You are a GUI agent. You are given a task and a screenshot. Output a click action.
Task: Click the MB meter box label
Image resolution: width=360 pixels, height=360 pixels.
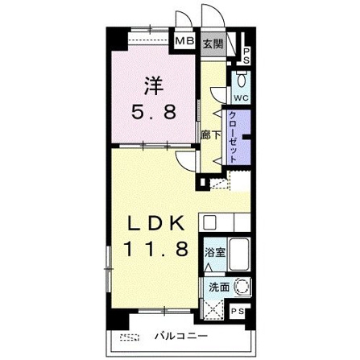coord(184,41)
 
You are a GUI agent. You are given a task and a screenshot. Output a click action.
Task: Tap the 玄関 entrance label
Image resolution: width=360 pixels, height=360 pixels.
coord(213,43)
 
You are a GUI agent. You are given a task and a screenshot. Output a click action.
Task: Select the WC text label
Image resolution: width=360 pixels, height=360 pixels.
coord(241,98)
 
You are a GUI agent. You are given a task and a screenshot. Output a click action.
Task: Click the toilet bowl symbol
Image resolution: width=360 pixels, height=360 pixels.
coord(241,79)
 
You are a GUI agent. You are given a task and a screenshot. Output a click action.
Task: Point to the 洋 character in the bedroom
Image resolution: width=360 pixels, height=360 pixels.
coord(154,85)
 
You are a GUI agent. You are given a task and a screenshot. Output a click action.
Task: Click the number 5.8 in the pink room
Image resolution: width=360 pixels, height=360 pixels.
coord(154,112)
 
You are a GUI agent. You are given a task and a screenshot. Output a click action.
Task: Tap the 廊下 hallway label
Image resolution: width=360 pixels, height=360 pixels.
coord(211,135)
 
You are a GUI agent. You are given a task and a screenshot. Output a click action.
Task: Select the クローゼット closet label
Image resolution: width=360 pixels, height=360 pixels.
coord(232,137)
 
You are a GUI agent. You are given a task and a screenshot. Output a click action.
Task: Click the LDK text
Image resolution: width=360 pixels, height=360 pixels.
coord(155,223)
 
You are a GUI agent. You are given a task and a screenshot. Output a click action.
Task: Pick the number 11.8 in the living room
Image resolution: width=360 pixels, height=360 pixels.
coord(155,249)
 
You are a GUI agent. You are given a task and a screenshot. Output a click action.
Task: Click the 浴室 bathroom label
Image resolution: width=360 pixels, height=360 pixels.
coord(215,252)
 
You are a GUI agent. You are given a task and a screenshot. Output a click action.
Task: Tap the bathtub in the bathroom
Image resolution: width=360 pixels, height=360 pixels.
coord(240,254)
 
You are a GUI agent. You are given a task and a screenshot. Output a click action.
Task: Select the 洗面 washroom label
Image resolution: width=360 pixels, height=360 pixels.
coord(219,288)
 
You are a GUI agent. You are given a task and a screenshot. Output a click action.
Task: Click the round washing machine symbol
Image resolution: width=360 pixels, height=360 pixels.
coord(243,287)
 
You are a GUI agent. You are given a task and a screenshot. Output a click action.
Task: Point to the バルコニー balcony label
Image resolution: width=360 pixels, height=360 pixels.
coord(181,336)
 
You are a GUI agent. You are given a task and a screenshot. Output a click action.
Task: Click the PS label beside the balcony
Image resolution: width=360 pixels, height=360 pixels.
coord(238,312)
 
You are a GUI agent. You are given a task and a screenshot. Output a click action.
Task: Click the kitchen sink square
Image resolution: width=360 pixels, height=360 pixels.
coord(209,222)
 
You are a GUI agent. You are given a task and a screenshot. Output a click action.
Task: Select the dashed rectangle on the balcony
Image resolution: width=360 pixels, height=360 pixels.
coord(130,337)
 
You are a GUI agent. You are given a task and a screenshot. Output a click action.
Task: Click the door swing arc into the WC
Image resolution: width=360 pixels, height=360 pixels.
coord(217,95)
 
